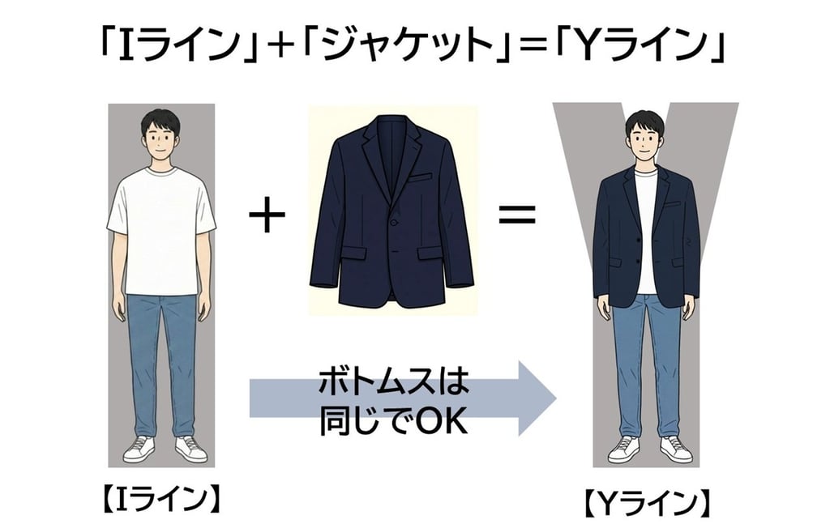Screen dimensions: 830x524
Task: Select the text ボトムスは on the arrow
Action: tap(395, 383)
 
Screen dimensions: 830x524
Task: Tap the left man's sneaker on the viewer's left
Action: tap(139, 448)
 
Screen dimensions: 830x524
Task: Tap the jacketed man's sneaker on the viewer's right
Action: tap(675, 448)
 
